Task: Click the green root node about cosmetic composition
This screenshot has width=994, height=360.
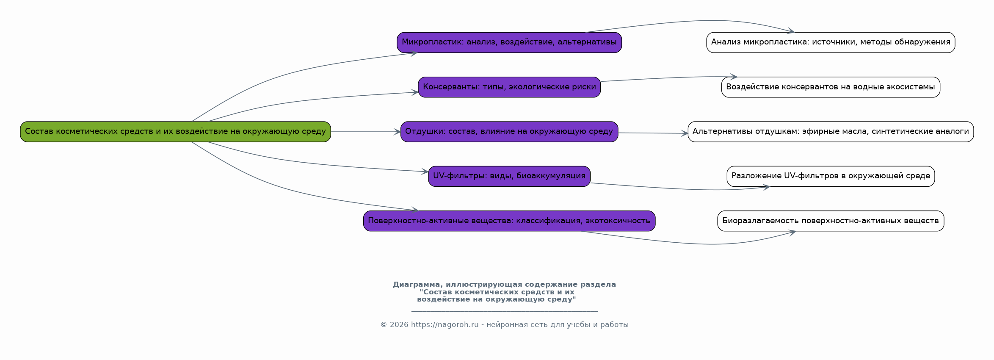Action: click(x=175, y=132)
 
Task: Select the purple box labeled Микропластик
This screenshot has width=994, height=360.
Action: click(x=509, y=42)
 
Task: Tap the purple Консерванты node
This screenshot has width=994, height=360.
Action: click(x=509, y=87)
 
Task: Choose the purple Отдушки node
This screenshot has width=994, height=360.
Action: click(x=509, y=132)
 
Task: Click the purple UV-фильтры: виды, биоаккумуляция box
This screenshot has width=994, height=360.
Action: click(x=509, y=176)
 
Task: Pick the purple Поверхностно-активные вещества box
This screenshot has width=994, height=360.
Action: click(x=509, y=221)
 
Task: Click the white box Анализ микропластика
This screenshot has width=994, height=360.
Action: click(x=831, y=42)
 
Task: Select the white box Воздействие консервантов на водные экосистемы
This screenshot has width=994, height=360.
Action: click(x=831, y=87)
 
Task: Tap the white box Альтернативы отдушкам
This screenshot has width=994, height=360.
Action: click(x=831, y=132)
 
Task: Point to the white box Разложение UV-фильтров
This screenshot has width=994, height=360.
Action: click(x=831, y=176)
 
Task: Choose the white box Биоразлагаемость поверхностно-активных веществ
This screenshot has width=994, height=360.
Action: click(x=831, y=221)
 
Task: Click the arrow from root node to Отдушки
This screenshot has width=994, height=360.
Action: click(x=366, y=132)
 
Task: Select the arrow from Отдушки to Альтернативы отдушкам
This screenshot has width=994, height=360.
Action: click(x=653, y=133)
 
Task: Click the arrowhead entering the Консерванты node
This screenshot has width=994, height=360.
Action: click(x=415, y=92)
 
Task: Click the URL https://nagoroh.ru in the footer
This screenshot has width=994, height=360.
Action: click(x=445, y=325)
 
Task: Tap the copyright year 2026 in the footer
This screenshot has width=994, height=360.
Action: click(x=399, y=325)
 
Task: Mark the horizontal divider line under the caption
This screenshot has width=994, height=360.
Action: click(x=505, y=311)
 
